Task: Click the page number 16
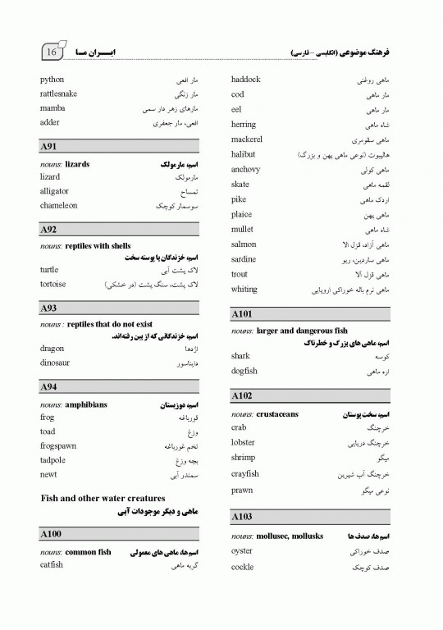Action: coord(51,52)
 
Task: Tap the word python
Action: coord(52,80)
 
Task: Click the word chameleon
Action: coord(61,205)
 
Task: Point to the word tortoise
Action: coord(53,284)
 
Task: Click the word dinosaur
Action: coord(55,363)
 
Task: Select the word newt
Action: coord(48,474)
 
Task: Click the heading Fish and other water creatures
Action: coord(103,498)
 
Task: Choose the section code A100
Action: coord(51,534)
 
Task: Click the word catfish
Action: coord(52,564)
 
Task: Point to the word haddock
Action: coord(246,80)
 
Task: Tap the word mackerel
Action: coord(247,139)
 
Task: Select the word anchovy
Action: coord(246,170)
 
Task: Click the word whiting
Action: coord(244,289)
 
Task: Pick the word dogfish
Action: coord(244,371)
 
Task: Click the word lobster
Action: coord(244,442)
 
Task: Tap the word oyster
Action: coord(242,550)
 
